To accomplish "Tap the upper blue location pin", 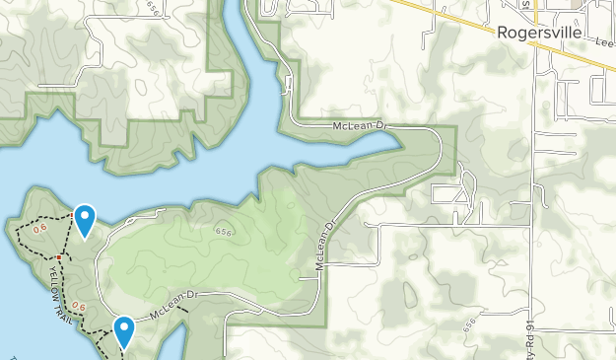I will click(x=86, y=219).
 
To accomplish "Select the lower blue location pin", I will click(x=124, y=331).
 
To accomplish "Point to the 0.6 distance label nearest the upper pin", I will click(x=40, y=228).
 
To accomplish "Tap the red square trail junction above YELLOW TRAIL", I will click(x=59, y=258).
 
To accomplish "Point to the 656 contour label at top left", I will click(x=152, y=8).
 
